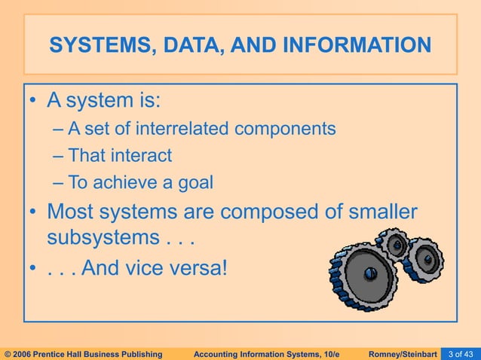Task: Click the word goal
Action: pos(191,182)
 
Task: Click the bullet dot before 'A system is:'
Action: pos(33,101)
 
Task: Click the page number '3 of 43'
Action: pos(461,352)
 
